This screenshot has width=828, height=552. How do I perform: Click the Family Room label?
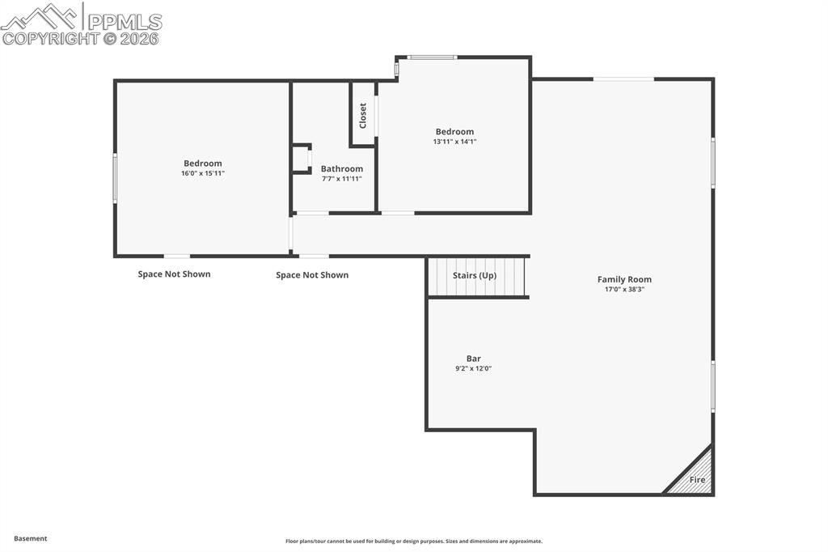pyautogui.click(x=623, y=279)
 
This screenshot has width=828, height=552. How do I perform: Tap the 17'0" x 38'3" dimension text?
pyautogui.click(x=623, y=289)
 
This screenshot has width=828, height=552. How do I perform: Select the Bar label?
pyautogui.click(x=473, y=359)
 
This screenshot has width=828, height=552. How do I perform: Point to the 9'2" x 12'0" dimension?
pyautogui.click(x=473, y=368)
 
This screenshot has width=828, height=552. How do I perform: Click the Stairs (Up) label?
pyautogui.click(x=475, y=275)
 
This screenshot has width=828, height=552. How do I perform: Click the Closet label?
pyautogui.click(x=363, y=115)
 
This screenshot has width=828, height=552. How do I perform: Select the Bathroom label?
pyautogui.click(x=341, y=169)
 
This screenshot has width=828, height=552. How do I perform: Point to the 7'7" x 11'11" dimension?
pyautogui.click(x=341, y=179)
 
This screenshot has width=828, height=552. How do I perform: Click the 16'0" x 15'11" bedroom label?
pyautogui.click(x=202, y=173)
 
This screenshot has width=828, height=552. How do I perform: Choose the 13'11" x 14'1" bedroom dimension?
pyautogui.click(x=454, y=142)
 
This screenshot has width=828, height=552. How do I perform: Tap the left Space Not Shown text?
pyautogui.click(x=174, y=274)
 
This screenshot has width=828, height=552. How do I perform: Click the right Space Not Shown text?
pyautogui.click(x=312, y=275)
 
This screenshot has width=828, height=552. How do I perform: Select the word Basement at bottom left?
pyautogui.click(x=31, y=538)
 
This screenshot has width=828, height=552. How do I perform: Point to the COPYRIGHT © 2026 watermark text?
pyautogui.click(x=81, y=38)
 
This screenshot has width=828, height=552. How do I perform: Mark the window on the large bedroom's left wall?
pyautogui.click(x=115, y=178)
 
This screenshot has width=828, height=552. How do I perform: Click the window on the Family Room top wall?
pyautogui.click(x=623, y=79)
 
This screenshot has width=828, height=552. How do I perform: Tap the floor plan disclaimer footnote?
pyautogui.click(x=413, y=541)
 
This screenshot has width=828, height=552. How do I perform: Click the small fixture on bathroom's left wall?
pyautogui.click(x=302, y=159)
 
